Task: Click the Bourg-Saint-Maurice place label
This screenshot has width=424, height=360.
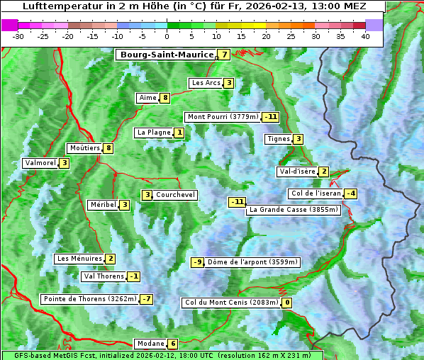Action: pyautogui.click(x=167, y=55)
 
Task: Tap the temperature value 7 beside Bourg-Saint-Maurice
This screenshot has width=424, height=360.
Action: pyautogui.click(x=224, y=55)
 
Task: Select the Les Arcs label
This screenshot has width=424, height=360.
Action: pyautogui.click(x=206, y=83)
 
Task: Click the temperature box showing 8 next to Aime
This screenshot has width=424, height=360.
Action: pyautogui.click(x=165, y=98)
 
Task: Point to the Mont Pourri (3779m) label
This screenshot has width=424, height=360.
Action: pyautogui.click(x=222, y=117)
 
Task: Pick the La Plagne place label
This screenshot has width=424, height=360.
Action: pyautogui.click(x=154, y=133)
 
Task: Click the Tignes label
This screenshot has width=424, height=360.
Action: pyautogui.click(x=278, y=139)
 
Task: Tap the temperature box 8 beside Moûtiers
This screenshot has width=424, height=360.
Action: pyautogui.click(x=108, y=148)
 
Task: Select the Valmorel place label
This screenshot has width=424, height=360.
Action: pyautogui.click(x=40, y=163)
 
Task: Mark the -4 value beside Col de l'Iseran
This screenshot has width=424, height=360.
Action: pyautogui.click(x=350, y=193)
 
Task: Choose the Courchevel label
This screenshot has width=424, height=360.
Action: pyautogui.click(x=175, y=195)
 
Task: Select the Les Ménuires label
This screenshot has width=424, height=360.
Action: pyautogui.click(x=79, y=259)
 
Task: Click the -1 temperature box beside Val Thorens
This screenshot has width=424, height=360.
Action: pyautogui.click(x=133, y=276)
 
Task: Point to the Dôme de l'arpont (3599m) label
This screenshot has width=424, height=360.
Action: pyautogui.click(x=252, y=262)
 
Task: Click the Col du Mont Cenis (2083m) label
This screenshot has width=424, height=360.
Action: pyautogui.click(x=230, y=303)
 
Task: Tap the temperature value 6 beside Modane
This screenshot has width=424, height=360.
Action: pyautogui.click(x=172, y=344)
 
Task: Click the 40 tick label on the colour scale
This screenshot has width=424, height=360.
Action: pyautogui.click(x=365, y=35)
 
